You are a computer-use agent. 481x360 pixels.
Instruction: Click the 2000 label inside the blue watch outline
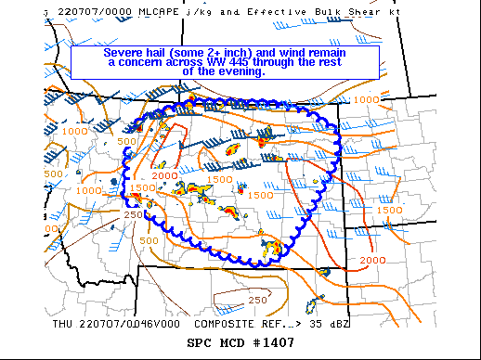[x=165, y=175]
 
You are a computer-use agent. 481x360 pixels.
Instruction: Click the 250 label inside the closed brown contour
[x=257, y=300]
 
